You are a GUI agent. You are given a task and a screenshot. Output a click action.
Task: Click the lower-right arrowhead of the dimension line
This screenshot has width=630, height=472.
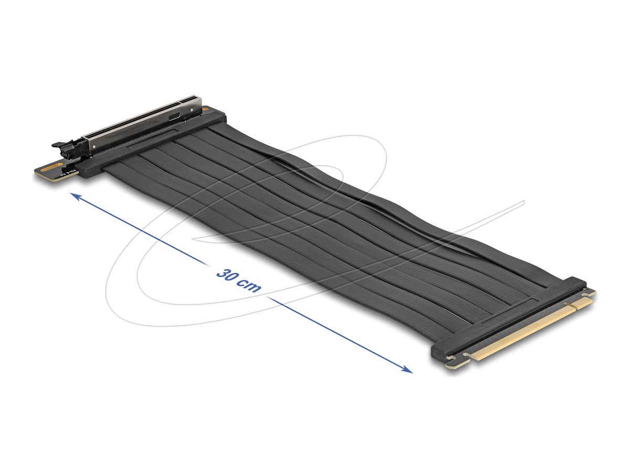(x=408, y=370)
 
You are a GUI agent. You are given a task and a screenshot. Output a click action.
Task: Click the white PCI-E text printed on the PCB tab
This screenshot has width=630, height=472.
(x=69, y=173)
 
